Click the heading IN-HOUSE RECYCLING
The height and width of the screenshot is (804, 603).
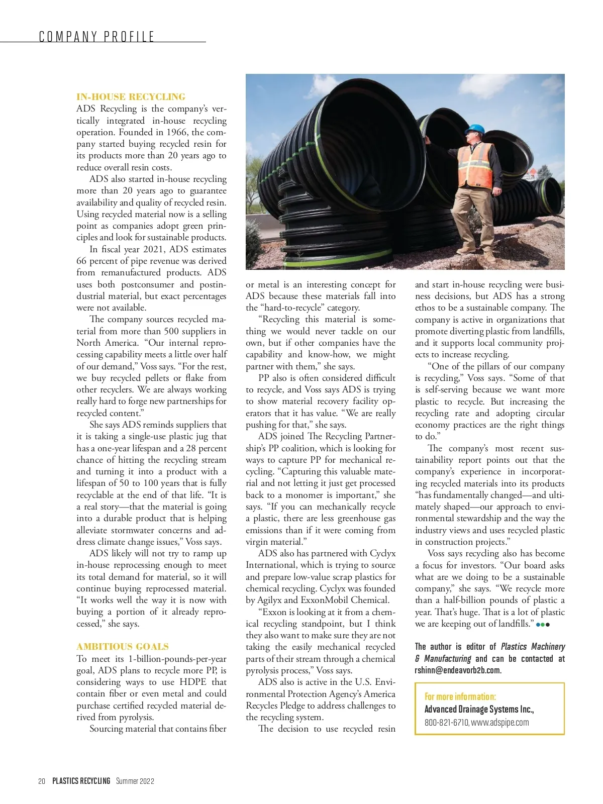coord(131,97)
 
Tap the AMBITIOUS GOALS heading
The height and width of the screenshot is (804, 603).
coord(123,647)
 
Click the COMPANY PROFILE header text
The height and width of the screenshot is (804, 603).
coord(96,36)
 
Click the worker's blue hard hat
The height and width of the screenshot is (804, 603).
coord(475,129)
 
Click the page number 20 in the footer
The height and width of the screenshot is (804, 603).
coord(42,781)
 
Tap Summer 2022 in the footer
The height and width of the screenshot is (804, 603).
coord(135,781)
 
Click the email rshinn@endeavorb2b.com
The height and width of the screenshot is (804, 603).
coord(458,670)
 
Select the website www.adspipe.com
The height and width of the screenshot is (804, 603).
coord(500,723)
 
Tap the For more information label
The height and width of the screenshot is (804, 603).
coord(460,696)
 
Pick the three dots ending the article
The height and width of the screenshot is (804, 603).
coord(543,625)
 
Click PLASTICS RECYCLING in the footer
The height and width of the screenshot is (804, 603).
coord(81,781)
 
